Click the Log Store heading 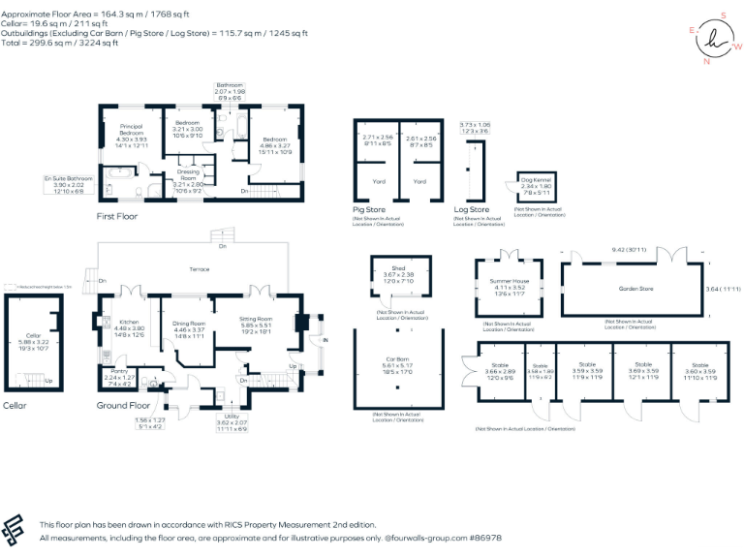click(472, 210)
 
